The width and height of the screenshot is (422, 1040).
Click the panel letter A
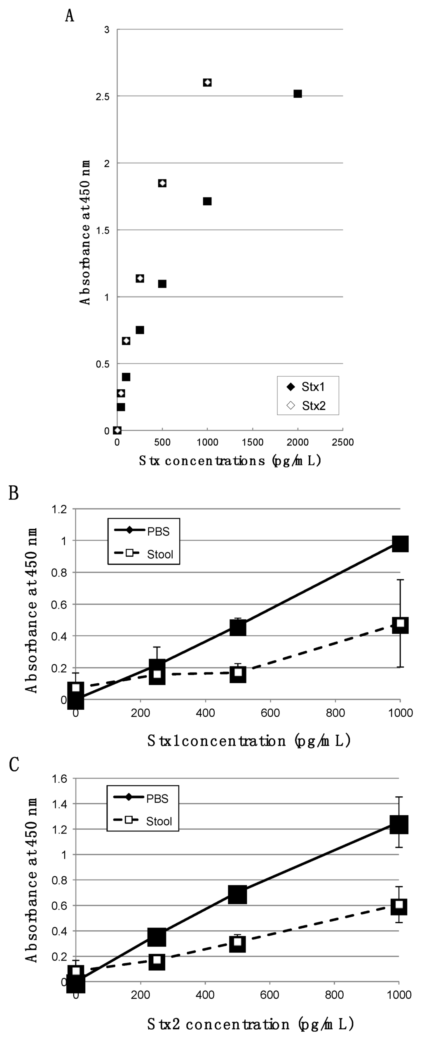(70, 16)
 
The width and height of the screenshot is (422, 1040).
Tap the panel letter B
(14, 492)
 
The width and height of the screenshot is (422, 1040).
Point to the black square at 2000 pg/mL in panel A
(298, 94)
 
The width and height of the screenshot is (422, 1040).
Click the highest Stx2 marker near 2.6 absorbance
(207, 82)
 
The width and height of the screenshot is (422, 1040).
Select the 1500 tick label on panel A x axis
(253, 442)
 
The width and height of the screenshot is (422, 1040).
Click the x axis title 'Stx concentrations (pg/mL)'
(230, 461)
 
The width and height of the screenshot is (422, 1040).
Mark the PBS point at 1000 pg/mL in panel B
(400, 544)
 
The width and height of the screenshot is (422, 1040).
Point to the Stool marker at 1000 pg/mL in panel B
(400, 624)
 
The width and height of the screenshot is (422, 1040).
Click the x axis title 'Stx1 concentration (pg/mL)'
(249, 741)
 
